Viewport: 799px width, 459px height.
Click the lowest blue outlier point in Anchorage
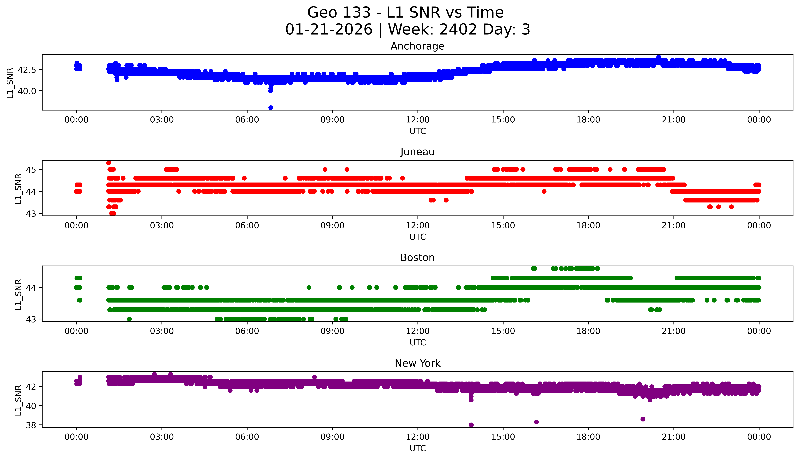(271, 107)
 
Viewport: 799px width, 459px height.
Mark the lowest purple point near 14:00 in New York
(471, 425)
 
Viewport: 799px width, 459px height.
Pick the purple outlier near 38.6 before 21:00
(643, 419)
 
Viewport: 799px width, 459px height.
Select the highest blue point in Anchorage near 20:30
(659, 57)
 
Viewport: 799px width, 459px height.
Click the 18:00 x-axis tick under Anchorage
(588, 120)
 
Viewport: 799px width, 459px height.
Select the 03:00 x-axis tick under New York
(162, 437)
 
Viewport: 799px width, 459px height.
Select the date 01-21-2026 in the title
(329, 30)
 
